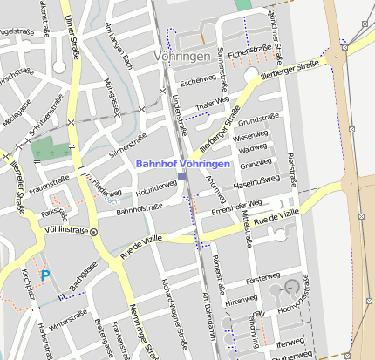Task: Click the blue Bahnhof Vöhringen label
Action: click(182, 164)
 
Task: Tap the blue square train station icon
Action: click(182, 177)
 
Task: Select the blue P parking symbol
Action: click(45, 275)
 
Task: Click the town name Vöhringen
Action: click(181, 57)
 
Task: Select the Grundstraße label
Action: click(258, 119)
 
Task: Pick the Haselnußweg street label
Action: click(257, 180)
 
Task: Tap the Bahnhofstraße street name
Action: click(140, 210)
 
